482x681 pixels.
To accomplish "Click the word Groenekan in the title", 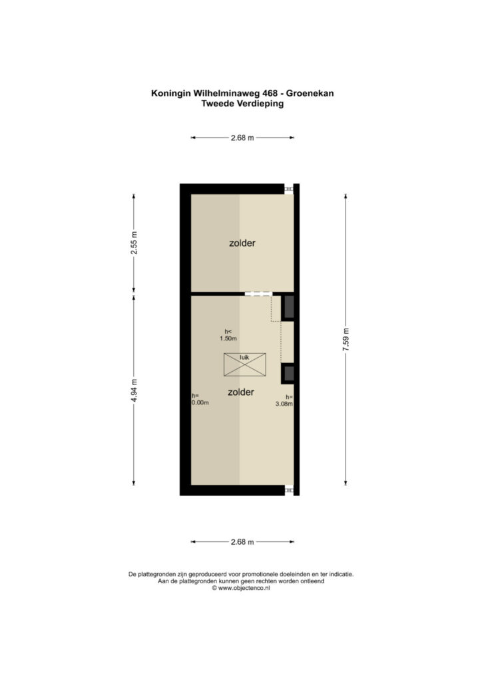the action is [x=310, y=93].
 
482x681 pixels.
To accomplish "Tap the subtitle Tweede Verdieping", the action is [x=242, y=104].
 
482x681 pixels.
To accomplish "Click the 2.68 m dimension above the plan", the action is [x=242, y=138].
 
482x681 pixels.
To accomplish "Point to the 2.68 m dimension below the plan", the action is [x=242, y=541].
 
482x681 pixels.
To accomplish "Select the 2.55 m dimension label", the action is [x=134, y=243].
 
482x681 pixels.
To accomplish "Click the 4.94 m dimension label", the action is [x=134, y=390].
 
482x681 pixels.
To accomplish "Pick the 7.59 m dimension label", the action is [x=346, y=339].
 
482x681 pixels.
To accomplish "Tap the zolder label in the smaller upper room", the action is [x=242, y=243].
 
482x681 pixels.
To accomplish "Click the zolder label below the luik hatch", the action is [x=241, y=392].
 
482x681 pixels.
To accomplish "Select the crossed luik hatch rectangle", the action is [x=245, y=365].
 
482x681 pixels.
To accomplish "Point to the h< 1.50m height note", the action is [x=228, y=335].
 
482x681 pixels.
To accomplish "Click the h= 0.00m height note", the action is [x=200, y=399].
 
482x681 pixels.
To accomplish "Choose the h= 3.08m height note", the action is [x=284, y=400].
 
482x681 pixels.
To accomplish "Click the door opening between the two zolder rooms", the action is [x=258, y=294].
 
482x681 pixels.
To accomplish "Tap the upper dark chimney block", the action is [x=288, y=307].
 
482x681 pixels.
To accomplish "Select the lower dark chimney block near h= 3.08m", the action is [x=288, y=374].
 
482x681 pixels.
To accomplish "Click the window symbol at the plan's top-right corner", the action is [x=289, y=189].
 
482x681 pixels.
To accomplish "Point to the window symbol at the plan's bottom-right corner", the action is [x=289, y=490].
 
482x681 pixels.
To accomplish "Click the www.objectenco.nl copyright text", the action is [x=241, y=588].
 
